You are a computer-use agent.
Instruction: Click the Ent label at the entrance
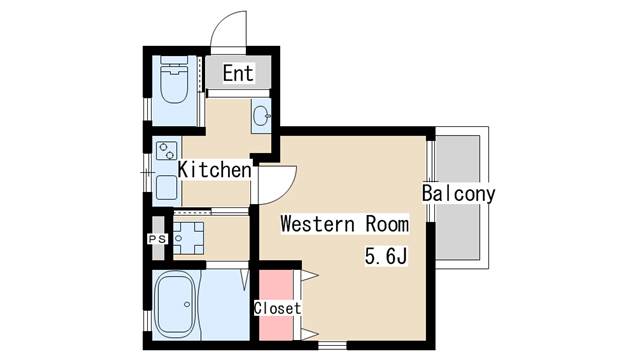(x=238, y=73)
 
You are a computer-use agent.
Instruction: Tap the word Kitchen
(x=215, y=170)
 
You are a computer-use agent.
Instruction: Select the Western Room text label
(x=344, y=224)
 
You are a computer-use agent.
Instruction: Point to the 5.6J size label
(x=386, y=256)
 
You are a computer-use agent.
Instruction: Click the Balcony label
(x=458, y=193)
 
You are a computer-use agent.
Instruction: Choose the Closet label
(x=278, y=308)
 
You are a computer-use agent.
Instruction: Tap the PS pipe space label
(x=157, y=239)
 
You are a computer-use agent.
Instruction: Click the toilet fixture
(x=174, y=80)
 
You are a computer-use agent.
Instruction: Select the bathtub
(x=175, y=304)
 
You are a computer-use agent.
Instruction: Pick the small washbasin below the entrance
(x=261, y=116)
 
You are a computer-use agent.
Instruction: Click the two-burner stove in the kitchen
(x=167, y=151)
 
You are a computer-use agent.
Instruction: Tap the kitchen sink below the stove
(x=167, y=187)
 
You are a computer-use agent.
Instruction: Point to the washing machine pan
(x=189, y=238)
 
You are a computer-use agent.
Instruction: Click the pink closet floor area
(x=276, y=305)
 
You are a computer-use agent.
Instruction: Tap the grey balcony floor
(x=458, y=198)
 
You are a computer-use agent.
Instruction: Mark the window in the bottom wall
(x=332, y=346)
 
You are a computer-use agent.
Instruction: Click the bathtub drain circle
(x=187, y=304)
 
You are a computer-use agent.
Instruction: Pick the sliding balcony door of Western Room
(x=430, y=181)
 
